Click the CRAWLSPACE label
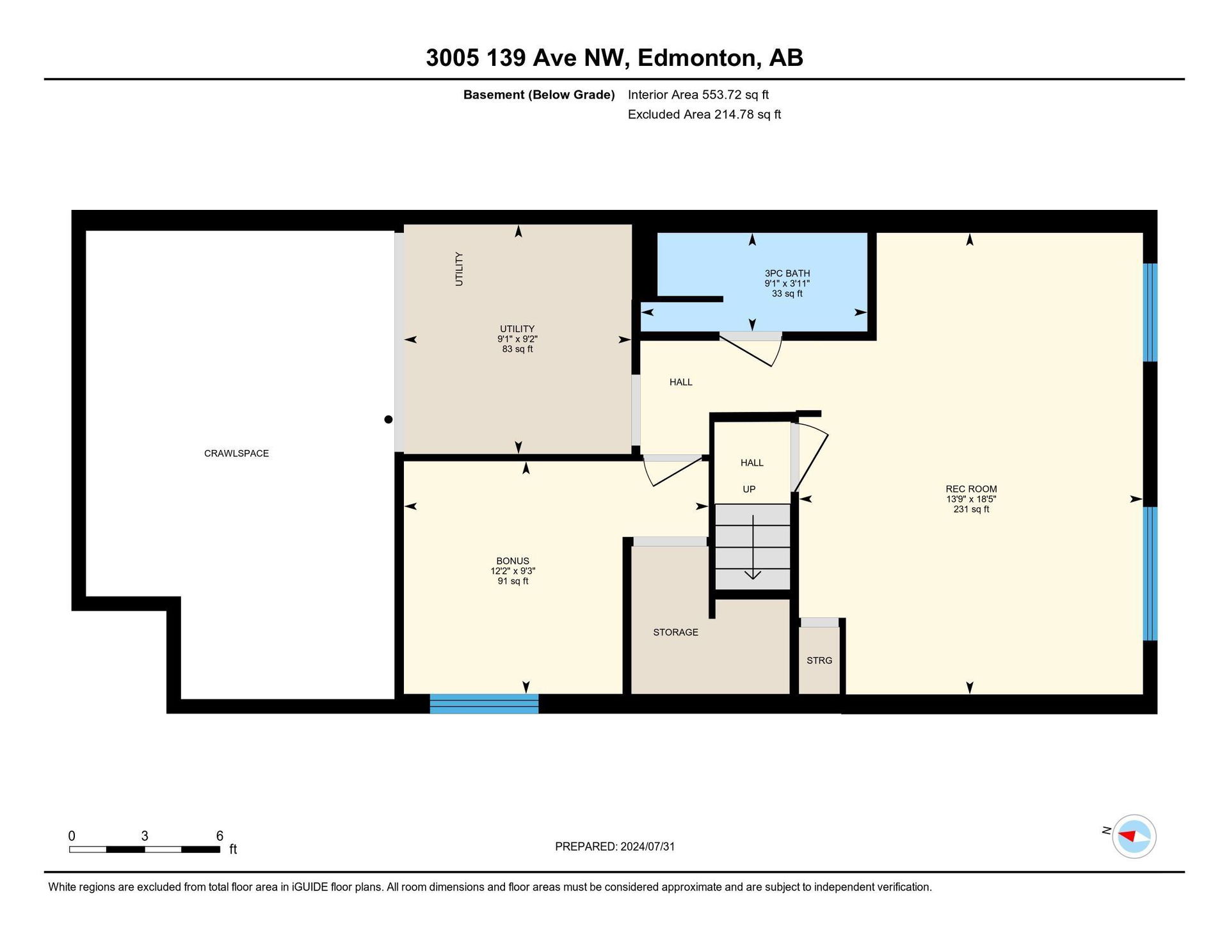click(x=236, y=453)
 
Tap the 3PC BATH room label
click(x=787, y=273)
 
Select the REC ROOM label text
click(x=971, y=489)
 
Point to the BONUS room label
click(x=513, y=561)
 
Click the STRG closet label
click(x=819, y=660)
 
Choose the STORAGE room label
click(x=675, y=632)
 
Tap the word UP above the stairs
click(x=749, y=489)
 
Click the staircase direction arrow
click(x=753, y=547)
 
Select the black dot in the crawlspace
click(x=388, y=420)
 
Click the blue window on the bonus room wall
click(x=484, y=703)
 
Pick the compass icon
click(x=1134, y=836)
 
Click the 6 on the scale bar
click(x=220, y=836)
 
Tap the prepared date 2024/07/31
click(x=647, y=847)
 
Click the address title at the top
click(x=614, y=58)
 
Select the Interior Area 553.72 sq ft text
click(x=698, y=95)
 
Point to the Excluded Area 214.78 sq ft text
click(x=704, y=115)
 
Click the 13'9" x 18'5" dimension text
click(x=971, y=499)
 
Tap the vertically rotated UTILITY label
click(x=458, y=269)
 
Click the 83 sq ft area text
click(x=517, y=349)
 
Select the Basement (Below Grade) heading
click(x=539, y=95)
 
